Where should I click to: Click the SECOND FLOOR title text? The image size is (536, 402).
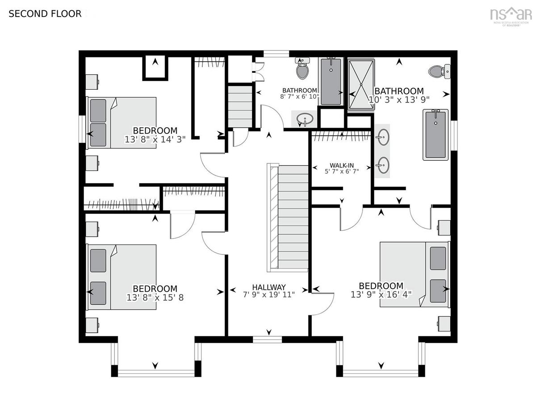pyautogui.click(x=45, y=14)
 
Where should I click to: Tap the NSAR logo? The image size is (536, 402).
pyautogui.click(x=511, y=17)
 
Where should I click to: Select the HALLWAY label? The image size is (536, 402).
pyautogui.click(x=269, y=287)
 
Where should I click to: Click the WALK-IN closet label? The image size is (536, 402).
pyautogui.click(x=342, y=165)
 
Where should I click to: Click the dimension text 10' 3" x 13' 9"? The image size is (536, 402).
pyautogui.click(x=399, y=100)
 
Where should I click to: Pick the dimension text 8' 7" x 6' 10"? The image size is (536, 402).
pyautogui.click(x=300, y=96)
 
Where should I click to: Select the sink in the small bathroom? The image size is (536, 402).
pyautogui.click(x=305, y=119)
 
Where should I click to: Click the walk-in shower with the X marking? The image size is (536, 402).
pyautogui.click(x=361, y=84)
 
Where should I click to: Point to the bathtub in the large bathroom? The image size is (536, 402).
pyautogui.click(x=435, y=135)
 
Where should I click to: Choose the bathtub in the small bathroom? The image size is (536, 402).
pyautogui.click(x=331, y=82)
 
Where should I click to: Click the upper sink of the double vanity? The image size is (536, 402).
pyautogui.click(x=382, y=137)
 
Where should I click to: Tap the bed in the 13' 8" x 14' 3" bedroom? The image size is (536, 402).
pyautogui.click(x=121, y=123)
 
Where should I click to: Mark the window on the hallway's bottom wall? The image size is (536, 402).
pyautogui.click(x=267, y=339)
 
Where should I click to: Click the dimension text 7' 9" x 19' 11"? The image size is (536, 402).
pyautogui.click(x=269, y=295)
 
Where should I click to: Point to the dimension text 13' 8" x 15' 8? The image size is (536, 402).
pyautogui.click(x=155, y=297)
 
